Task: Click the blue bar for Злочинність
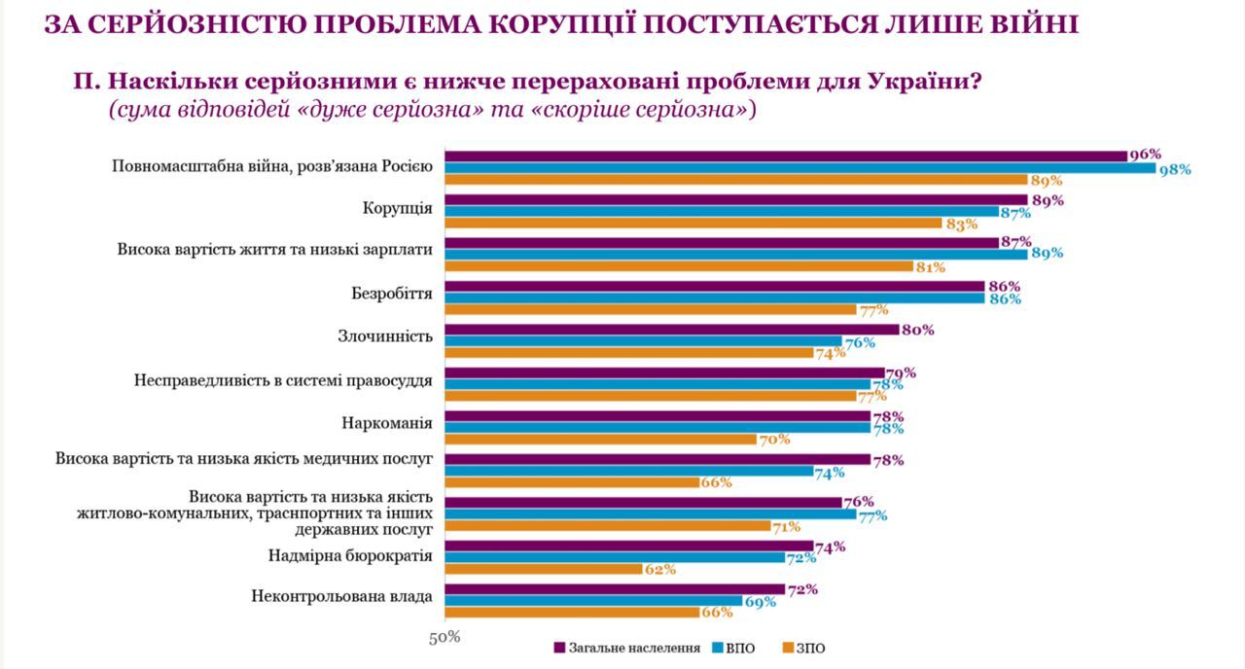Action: click(643, 341)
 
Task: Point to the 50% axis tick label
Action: click(445, 638)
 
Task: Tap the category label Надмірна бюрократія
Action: click(350, 555)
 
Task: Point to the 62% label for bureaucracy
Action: click(659, 570)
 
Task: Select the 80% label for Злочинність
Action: click(917, 330)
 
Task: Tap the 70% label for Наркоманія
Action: click(774, 440)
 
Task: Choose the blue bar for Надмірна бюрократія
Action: click(614, 557)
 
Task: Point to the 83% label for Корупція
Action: click(961, 224)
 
